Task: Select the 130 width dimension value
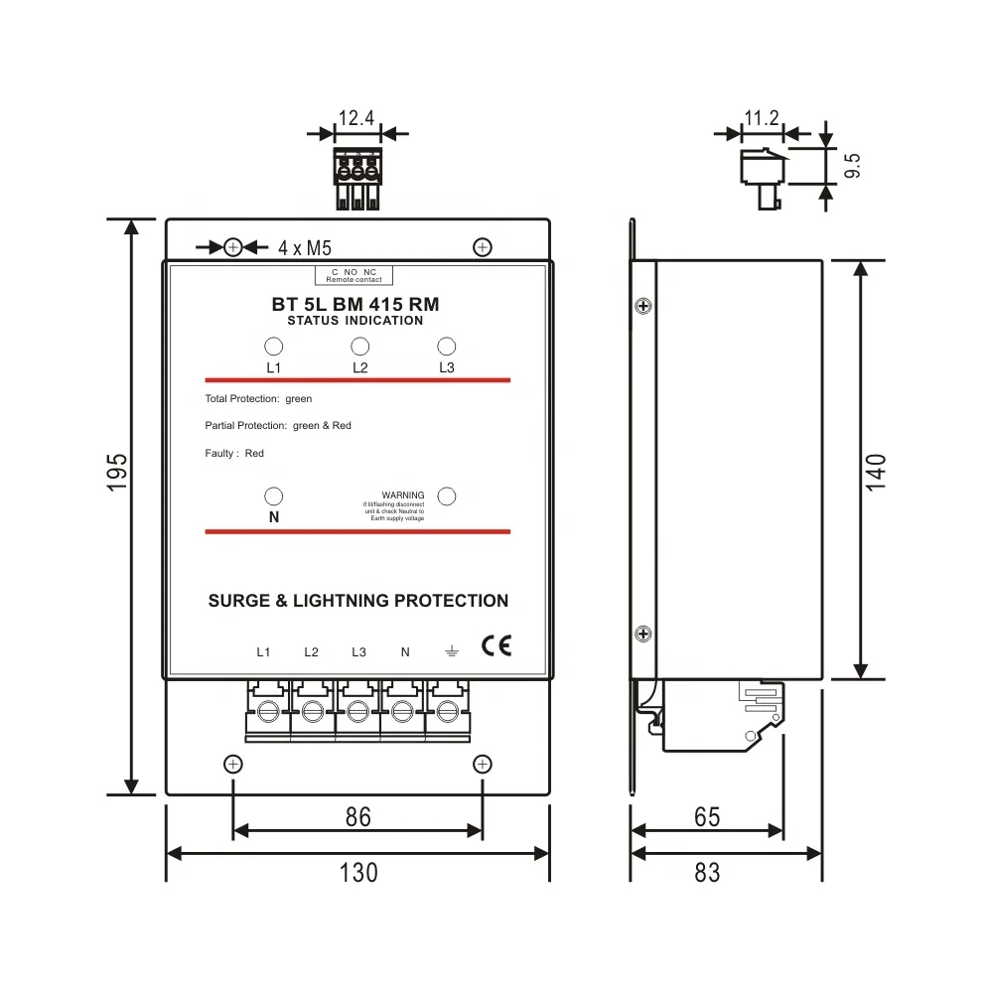[x=358, y=872]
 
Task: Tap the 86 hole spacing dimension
[x=357, y=816]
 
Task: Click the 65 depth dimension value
[x=707, y=816]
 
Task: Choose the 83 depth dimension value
[x=707, y=872]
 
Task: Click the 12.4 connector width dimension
[x=356, y=118]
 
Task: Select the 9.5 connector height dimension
[x=852, y=166]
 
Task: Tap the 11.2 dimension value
[x=762, y=118]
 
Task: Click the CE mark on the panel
[x=496, y=645]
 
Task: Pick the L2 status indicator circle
[x=360, y=347]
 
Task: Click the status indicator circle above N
[x=274, y=496]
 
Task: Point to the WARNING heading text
[x=403, y=495]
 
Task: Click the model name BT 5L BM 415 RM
[x=355, y=305]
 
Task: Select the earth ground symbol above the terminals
[x=451, y=651]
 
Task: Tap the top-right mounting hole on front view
[x=483, y=246]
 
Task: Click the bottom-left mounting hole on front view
[x=232, y=764]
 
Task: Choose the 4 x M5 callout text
[x=304, y=247]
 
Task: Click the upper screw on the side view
[x=643, y=305]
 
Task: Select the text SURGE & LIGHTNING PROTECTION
[x=358, y=601]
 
